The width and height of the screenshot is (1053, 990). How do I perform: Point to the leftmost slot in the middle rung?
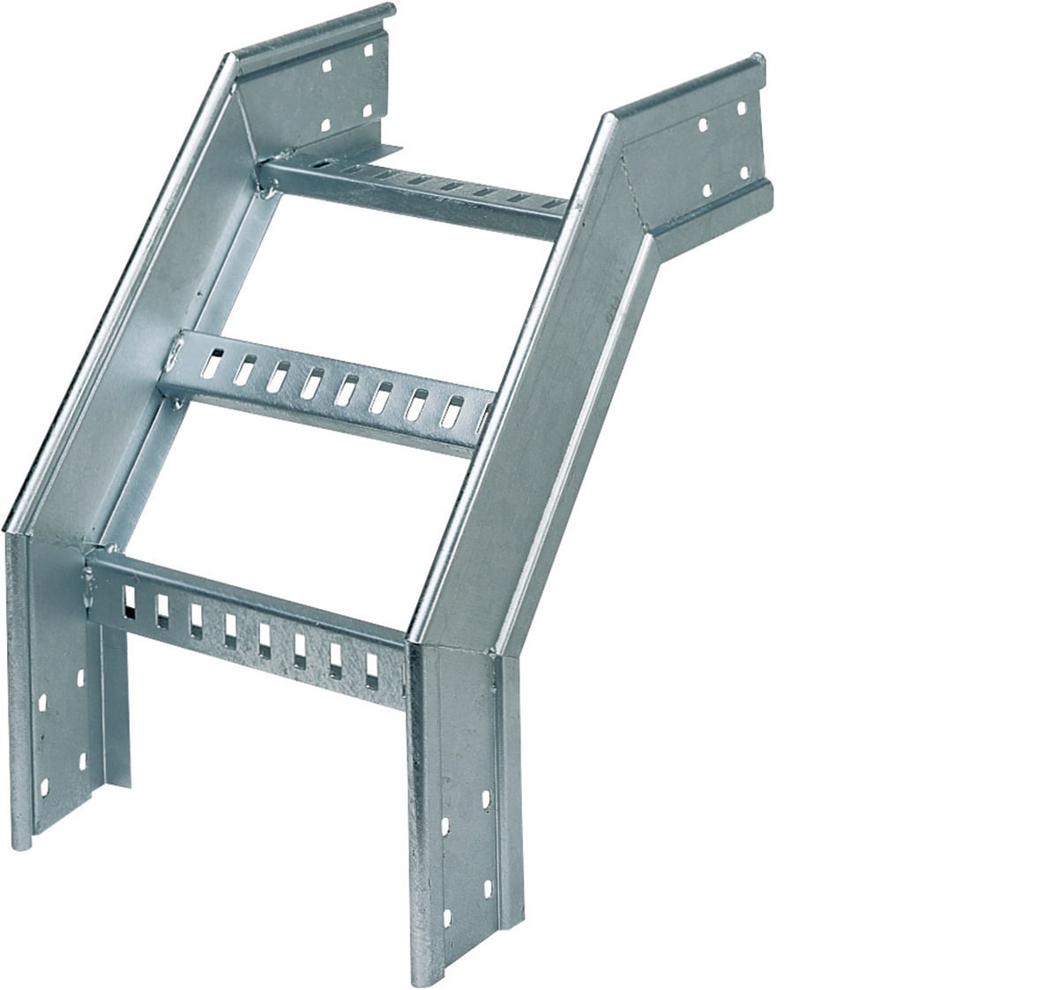click(x=212, y=363)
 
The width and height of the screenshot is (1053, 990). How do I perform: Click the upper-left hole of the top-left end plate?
click(x=327, y=66)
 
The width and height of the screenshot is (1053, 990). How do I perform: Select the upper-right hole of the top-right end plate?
click(x=742, y=109)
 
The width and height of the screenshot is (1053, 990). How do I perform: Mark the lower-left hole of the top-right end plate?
click(x=706, y=190)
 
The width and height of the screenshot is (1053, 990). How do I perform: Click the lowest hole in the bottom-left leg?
click(x=44, y=787)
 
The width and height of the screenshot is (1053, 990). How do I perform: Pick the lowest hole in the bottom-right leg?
click(x=446, y=919)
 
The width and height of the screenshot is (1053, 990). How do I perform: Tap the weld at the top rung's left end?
click(x=265, y=180)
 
